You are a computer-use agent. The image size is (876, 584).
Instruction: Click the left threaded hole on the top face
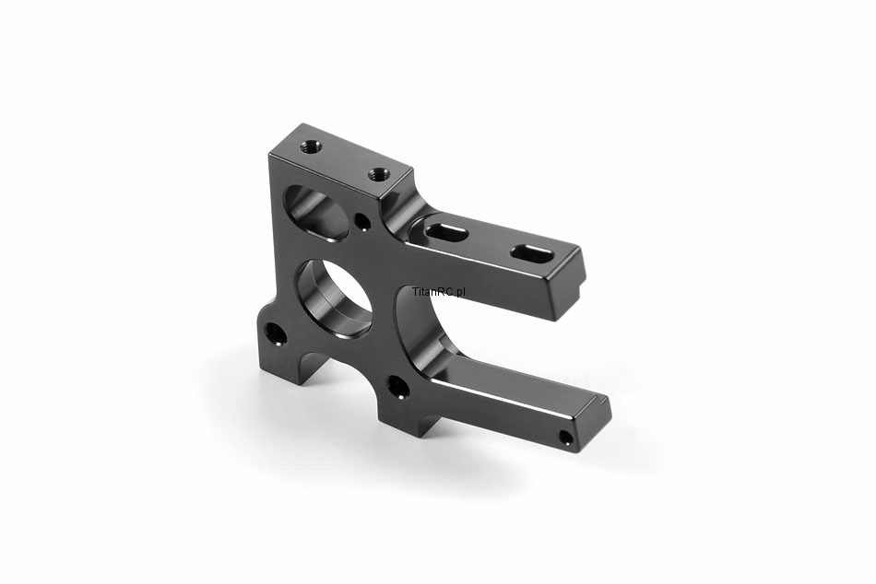point(310,148)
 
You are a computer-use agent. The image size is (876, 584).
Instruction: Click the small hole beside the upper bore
point(363,222)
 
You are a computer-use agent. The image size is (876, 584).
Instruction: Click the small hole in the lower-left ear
point(276,333)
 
